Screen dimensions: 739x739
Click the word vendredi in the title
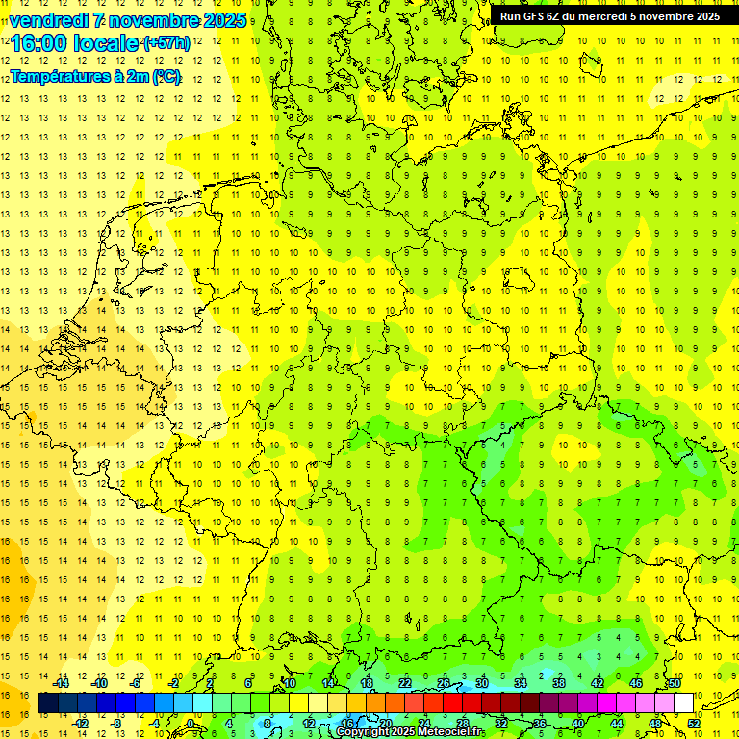(x=49, y=19)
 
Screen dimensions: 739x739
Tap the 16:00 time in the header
(x=38, y=43)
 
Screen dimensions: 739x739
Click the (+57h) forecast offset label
(x=166, y=43)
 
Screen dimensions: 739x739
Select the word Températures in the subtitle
(x=60, y=77)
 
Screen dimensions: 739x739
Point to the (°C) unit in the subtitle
(x=166, y=77)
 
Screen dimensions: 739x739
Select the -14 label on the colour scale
(x=61, y=683)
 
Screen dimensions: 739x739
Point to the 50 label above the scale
(x=675, y=683)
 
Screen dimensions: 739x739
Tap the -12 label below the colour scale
(x=80, y=724)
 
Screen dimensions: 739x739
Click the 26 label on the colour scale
(x=444, y=683)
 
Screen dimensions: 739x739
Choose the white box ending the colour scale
(x=683, y=703)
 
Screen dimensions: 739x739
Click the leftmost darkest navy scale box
(x=48, y=703)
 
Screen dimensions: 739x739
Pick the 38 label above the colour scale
(x=559, y=683)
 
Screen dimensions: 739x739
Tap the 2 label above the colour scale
(x=210, y=683)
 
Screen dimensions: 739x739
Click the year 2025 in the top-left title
(x=225, y=19)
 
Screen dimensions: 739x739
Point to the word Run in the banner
(x=511, y=16)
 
